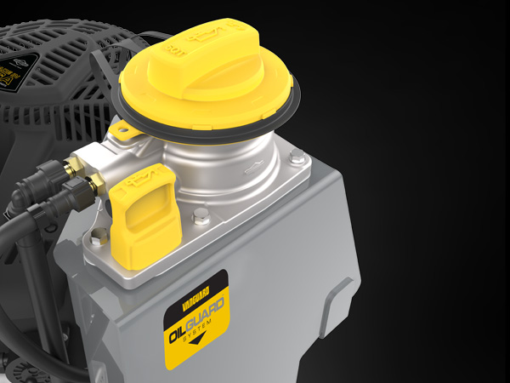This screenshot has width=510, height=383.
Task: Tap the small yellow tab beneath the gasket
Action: point(124,130)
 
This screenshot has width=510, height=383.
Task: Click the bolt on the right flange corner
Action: point(297,157)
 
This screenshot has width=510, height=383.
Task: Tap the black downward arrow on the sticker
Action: point(199,340)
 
